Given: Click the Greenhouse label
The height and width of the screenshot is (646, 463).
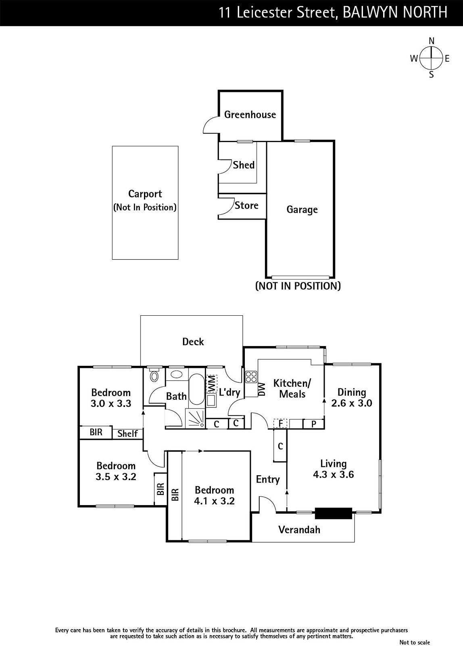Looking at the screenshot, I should (x=250, y=115).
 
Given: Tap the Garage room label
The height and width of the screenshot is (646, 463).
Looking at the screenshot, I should (x=302, y=210).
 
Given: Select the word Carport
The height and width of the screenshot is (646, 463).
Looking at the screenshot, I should (x=145, y=194).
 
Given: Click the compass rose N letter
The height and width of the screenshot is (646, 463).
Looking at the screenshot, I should (x=432, y=41).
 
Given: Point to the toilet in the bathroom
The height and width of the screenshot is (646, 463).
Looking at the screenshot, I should (x=154, y=376).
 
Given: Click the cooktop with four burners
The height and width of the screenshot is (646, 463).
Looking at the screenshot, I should (x=251, y=377).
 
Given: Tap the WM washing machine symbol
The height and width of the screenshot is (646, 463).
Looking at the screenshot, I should (x=211, y=384).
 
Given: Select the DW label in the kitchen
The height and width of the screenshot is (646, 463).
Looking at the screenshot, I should (x=261, y=389).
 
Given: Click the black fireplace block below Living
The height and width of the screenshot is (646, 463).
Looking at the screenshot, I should (x=333, y=513).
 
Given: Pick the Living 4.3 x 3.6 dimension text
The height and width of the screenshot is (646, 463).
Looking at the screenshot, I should (x=334, y=474).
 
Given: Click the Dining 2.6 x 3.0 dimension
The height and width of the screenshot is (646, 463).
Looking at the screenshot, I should (x=351, y=403).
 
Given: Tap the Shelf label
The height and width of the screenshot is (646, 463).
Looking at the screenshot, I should (x=127, y=434).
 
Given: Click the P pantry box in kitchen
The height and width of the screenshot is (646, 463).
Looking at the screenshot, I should (x=313, y=424).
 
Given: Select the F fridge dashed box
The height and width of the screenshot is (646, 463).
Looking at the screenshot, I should (x=280, y=424).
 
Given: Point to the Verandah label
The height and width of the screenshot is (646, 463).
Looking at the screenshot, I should (x=299, y=529).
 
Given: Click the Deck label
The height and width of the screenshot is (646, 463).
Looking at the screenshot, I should (x=193, y=342).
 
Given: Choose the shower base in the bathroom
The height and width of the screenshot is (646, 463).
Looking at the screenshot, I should (x=195, y=418).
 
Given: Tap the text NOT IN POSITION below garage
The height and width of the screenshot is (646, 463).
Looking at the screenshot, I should (x=298, y=286).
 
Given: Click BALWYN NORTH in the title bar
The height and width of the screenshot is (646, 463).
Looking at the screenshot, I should (x=395, y=13).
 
